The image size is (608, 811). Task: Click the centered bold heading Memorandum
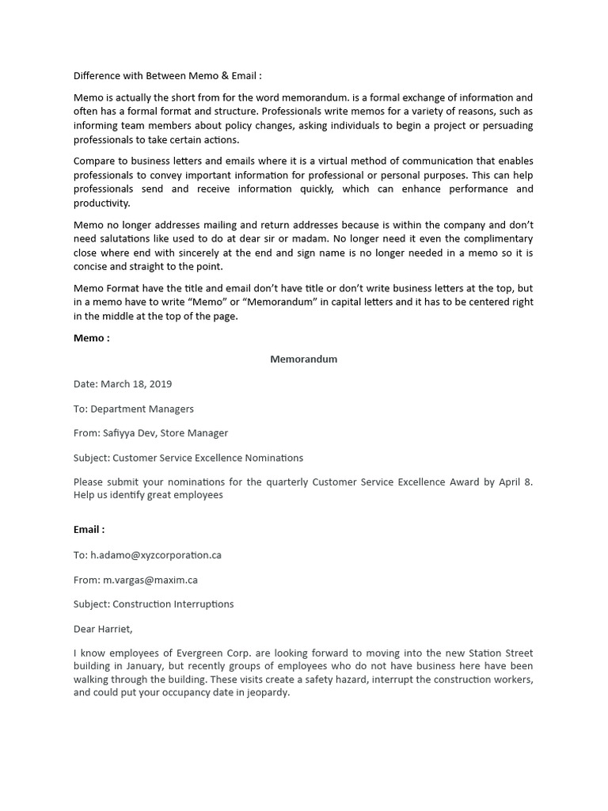pyautogui.click(x=304, y=359)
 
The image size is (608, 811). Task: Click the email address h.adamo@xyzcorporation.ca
pyautogui.click(x=156, y=554)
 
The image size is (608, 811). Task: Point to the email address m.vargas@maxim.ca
pyautogui.click(x=150, y=579)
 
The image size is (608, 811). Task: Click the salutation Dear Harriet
pyautogui.click(x=104, y=629)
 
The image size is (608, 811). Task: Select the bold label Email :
pyautogui.click(x=89, y=529)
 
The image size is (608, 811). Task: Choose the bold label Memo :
pyautogui.click(x=91, y=337)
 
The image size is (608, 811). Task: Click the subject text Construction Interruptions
pyautogui.click(x=173, y=603)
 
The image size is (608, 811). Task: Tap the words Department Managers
pyautogui.click(x=142, y=409)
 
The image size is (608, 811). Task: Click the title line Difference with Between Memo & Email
pyautogui.click(x=167, y=76)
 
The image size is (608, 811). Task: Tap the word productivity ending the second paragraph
pyautogui.click(x=101, y=203)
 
